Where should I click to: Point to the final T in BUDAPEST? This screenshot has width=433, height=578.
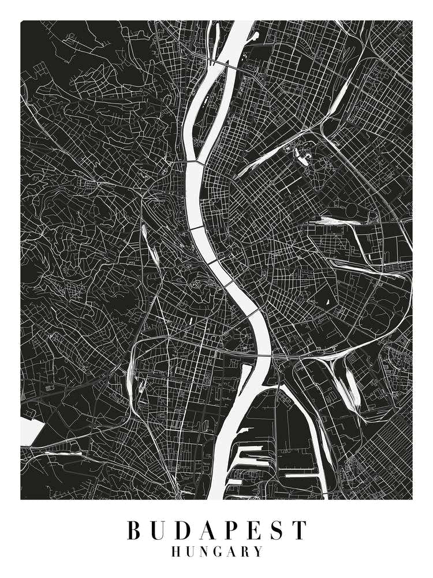298,530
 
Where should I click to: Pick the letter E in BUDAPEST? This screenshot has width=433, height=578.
252,530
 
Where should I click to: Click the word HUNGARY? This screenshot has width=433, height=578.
216,551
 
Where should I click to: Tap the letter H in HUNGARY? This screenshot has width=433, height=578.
176,551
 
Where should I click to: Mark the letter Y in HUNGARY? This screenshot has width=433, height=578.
258,551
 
